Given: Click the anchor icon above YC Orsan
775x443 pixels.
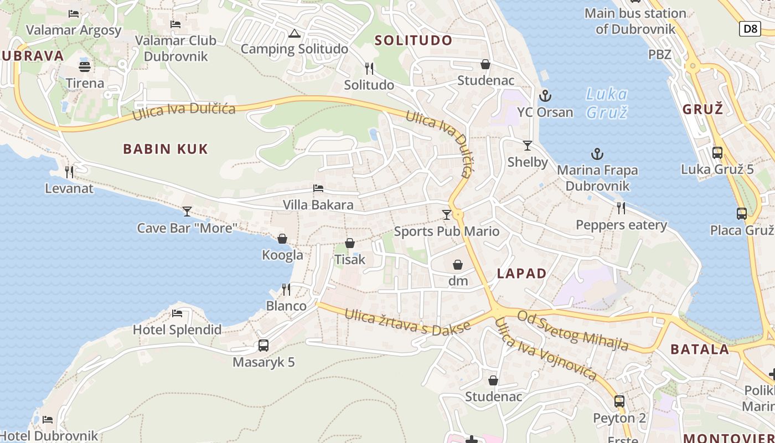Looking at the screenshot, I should pyautogui.click(x=545, y=96).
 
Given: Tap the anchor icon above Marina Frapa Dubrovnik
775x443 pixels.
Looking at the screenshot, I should pyautogui.click(x=597, y=154).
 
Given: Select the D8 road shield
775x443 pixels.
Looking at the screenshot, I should pyautogui.click(x=750, y=28).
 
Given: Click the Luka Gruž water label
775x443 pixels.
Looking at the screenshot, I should pyautogui.click(x=607, y=103).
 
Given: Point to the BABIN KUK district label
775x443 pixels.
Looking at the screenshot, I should pyautogui.click(x=166, y=148).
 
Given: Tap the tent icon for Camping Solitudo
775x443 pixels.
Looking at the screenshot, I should pyautogui.click(x=294, y=33).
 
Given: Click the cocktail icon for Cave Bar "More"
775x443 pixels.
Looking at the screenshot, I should pyautogui.click(x=187, y=212).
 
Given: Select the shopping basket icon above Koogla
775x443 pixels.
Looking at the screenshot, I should pyautogui.click(x=282, y=239).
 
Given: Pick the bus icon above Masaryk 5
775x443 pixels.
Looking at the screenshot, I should pyautogui.click(x=263, y=346).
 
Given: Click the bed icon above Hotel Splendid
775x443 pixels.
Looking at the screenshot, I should pyautogui.click(x=177, y=313).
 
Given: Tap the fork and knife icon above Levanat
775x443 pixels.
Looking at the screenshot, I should pyautogui.click(x=69, y=172).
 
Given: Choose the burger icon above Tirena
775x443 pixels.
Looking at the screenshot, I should pyautogui.click(x=85, y=67).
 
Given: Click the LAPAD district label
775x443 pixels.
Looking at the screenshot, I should pyautogui.click(x=521, y=273).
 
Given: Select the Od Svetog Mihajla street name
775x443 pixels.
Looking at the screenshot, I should pyautogui.click(x=573, y=331).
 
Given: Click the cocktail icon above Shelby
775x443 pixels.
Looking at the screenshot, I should pyautogui.click(x=528, y=146).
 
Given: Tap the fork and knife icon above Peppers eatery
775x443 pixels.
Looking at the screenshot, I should pyautogui.click(x=621, y=208).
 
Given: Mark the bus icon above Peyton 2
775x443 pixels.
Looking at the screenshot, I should pyautogui.click(x=619, y=401).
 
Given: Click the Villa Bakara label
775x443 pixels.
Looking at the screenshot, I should pyautogui.click(x=318, y=205).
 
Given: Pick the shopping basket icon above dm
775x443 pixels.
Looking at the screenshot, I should pyautogui.click(x=458, y=265).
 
